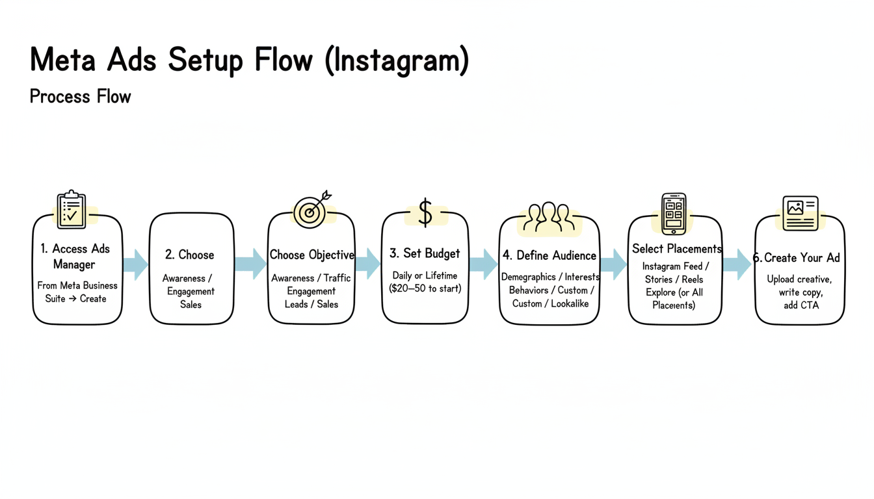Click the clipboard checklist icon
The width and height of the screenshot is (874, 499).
72,209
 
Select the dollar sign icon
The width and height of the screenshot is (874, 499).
425,213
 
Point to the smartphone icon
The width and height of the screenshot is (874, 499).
674,213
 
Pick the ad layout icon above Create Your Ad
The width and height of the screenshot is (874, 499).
801,213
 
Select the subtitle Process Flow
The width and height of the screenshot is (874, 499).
81,97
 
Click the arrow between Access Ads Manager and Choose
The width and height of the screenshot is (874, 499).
135,264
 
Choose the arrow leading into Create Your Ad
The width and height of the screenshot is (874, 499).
737,264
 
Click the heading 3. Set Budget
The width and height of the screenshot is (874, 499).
425,253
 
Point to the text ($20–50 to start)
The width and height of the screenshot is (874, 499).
425,288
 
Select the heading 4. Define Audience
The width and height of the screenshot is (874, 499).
550,255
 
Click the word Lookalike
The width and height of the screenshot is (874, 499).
570,303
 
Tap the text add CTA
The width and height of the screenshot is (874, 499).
800,305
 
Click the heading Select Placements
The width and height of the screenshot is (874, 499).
676,249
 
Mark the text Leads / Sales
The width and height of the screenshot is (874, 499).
311,303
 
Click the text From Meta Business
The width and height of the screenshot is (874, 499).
77,285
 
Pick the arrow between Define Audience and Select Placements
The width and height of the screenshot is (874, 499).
613,264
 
